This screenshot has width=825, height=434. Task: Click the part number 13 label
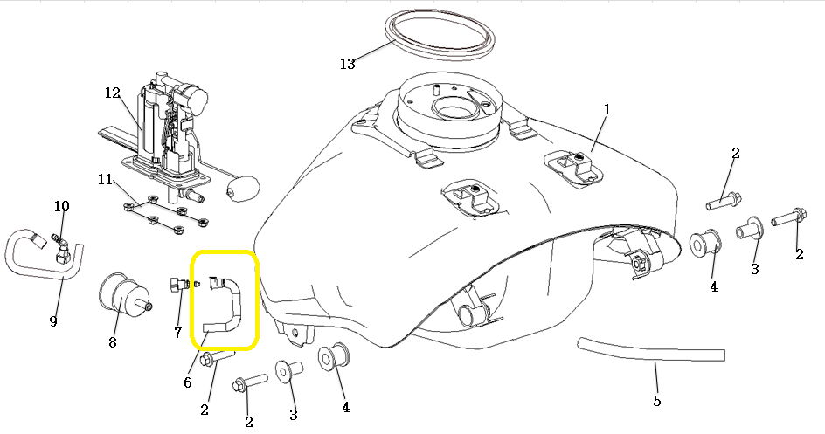click(x=347, y=64)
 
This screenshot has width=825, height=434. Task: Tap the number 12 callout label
click(x=113, y=93)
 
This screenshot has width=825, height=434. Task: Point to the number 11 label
click(x=105, y=179)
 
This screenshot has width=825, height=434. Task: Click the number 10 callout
click(x=61, y=206)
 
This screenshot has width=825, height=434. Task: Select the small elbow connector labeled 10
click(x=62, y=248)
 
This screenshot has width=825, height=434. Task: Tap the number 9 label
click(x=53, y=321)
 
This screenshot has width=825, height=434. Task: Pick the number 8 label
click(x=112, y=342)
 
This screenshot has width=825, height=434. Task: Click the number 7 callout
click(x=177, y=333)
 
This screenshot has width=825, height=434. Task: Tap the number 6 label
click(x=187, y=382)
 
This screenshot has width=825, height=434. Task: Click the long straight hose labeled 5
click(x=651, y=350)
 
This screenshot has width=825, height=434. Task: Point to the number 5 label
click(x=656, y=401)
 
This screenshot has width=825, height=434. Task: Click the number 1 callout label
click(x=607, y=110)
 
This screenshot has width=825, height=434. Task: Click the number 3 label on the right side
click(x=754, y=269)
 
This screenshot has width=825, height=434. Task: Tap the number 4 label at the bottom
click(x=345, y=407)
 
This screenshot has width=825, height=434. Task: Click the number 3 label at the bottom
click(x=293, y=415)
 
